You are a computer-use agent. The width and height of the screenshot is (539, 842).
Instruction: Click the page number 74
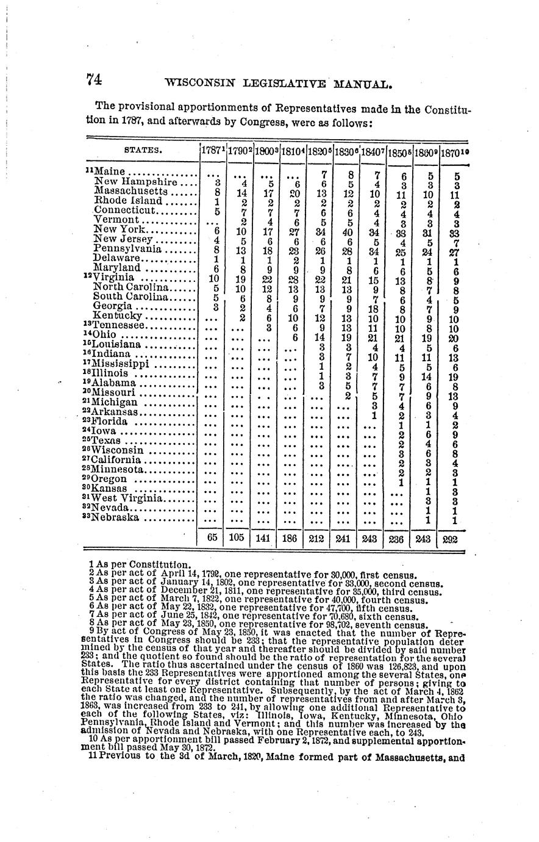pyautogui.click(x=93, y=79)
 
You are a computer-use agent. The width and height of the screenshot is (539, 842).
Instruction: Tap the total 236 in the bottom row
pyautogui.click(x=398, y=539)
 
